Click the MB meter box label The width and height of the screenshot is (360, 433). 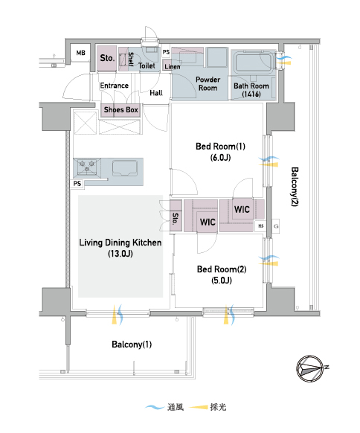(x=81, y=53)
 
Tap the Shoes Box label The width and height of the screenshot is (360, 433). (x=121, y=110)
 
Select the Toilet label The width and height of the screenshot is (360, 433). (x=147, y=65)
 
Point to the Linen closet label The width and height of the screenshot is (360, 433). (x=173, y=67)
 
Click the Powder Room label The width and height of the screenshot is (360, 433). (x=208, y=83)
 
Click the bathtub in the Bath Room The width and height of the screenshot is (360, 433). (x=253, y=63)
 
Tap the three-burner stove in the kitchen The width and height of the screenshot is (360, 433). (x=87, y=167)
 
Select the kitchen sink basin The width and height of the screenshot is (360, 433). (x=125, y=168)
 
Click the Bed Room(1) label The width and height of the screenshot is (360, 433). (x=220, y=152)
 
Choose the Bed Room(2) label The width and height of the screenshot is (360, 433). (x=222, y=275)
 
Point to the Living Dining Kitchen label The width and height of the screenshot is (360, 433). (x=120, y=248)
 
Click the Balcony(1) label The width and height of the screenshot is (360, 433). (x=132, y=344)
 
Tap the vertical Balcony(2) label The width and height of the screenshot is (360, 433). (x=295, y=187)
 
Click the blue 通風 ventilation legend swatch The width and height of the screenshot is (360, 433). (x=155, y=407)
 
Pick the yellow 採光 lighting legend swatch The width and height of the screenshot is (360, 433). (x=199, y=407)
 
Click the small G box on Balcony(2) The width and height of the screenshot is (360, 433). (x=276, y=226)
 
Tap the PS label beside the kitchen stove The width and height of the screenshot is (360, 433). (x=77, y=184)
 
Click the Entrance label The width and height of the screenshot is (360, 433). (x=115, y=86)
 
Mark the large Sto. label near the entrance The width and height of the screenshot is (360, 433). (x=107, y=58)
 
